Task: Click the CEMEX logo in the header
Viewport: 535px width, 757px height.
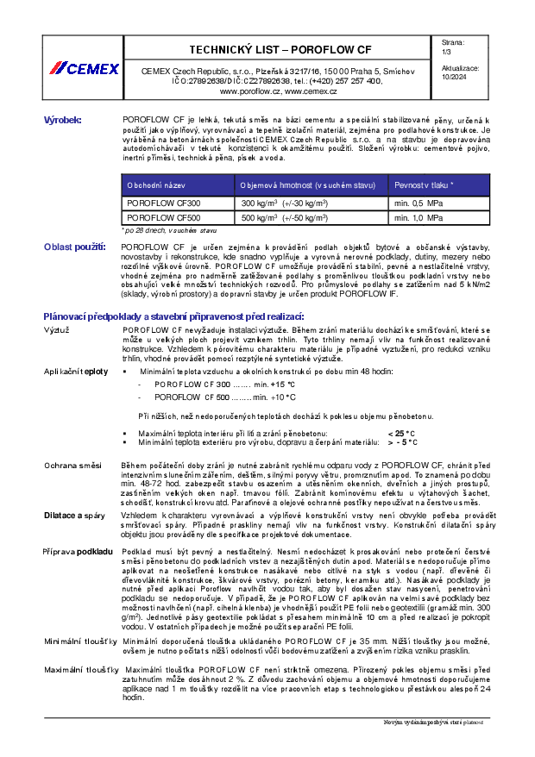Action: pos(85,68)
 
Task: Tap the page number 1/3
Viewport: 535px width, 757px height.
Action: pos(445,52)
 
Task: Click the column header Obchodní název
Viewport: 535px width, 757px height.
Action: pos(156,185)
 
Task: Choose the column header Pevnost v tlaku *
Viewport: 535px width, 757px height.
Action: pos(425,185)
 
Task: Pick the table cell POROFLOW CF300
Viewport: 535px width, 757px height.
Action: pos(163,203)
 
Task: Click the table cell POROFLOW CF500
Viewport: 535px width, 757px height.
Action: pos(163,218)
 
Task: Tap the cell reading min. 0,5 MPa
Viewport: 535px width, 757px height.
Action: pos(419,203)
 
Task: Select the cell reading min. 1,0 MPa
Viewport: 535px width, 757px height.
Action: pos(419,218)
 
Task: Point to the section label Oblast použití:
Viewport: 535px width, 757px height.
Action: pos(74,247)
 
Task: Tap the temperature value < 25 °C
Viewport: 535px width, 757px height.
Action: pos(402,433)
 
